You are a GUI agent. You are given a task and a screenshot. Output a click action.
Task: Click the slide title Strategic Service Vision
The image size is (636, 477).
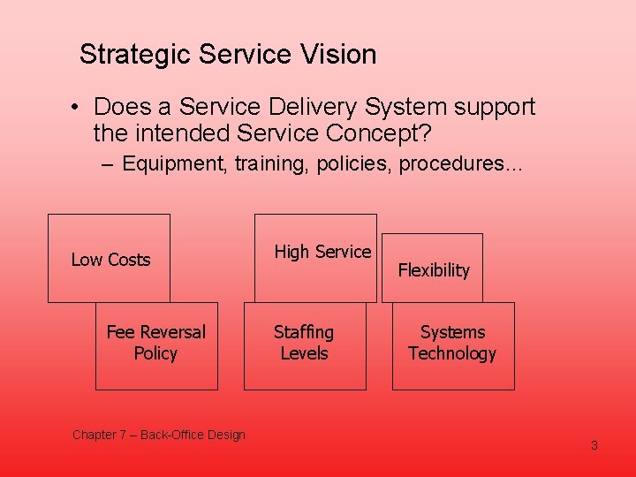click(x=228, y=55)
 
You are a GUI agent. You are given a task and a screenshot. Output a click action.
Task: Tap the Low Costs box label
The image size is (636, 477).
click(x=110, y=260)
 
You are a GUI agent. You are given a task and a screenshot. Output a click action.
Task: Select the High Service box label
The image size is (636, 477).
click(x=322, y=252)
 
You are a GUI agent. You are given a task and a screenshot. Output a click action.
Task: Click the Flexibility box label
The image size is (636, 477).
click(x=434, y=270)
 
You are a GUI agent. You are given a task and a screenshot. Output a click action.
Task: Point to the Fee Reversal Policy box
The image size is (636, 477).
click(x=156, y=344)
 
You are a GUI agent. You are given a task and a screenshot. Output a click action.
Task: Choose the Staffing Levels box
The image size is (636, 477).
click(x=304, y=344)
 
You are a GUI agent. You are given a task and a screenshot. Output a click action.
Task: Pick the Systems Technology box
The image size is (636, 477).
click(x=452, y=344)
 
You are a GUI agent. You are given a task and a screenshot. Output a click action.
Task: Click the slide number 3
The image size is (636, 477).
click(x=594, y=445)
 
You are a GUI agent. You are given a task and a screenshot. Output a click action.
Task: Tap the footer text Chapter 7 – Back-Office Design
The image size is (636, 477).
click(x=159, y=435)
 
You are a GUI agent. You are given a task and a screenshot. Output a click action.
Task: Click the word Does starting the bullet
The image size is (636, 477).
click(x=120, y=108)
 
